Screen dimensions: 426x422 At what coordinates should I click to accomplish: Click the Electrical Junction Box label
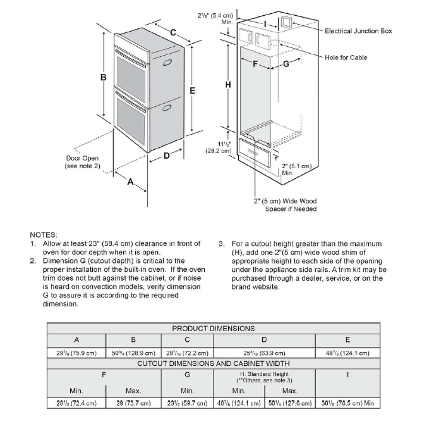(x=358, y=30)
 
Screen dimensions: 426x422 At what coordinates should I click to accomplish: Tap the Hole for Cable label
(x=346, y=58)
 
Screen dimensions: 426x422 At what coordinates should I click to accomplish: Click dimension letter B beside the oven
(x=102, y=78)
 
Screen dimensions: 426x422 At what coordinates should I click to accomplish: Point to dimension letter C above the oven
(x=172, y=32)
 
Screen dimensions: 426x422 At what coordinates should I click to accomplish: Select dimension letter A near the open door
(x=130, y=182)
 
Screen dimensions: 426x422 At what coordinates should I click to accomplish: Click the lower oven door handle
(x=167, y=108)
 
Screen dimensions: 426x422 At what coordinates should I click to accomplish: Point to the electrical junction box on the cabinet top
(x=286, y=23)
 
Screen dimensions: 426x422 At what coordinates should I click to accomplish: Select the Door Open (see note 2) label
(x=81, y=162)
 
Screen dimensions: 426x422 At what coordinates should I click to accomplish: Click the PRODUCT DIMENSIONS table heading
(x=214, y=328)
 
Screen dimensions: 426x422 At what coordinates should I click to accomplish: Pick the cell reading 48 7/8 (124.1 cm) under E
(x=347, y=352)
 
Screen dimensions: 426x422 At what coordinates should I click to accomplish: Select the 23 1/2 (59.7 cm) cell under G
(x=187, y=403)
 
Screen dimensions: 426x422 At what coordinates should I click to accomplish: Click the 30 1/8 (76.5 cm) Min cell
(x=347, y=403)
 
